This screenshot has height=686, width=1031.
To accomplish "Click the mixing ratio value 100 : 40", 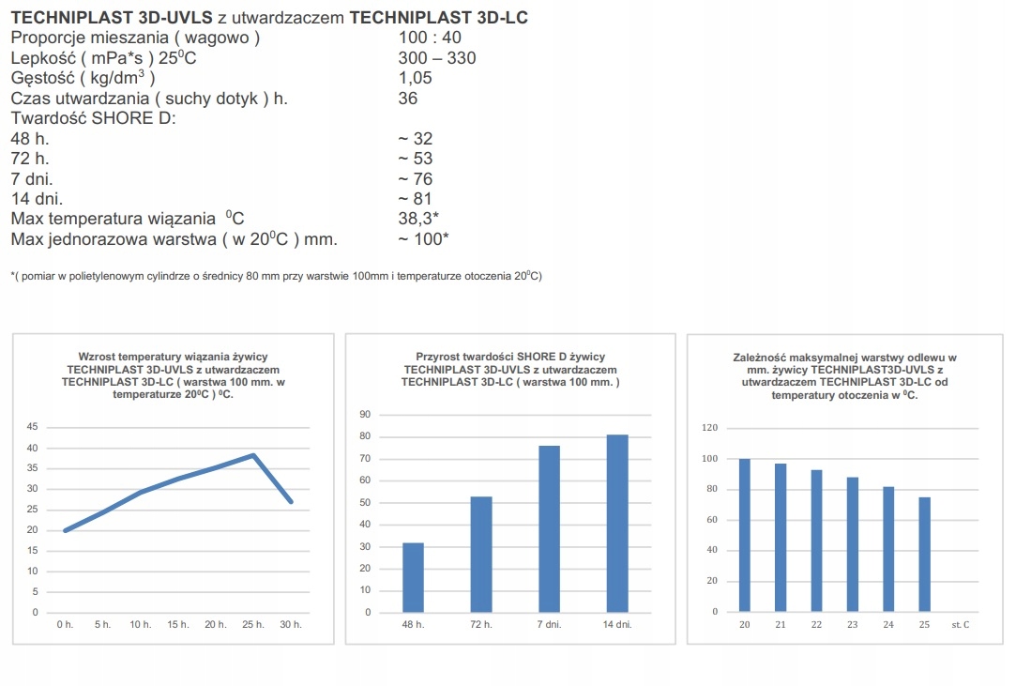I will point(431,38).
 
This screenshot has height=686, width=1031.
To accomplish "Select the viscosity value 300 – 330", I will point(436,58).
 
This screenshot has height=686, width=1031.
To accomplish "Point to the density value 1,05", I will point(415,78).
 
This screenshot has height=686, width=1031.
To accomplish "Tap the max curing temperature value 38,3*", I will point(419,219).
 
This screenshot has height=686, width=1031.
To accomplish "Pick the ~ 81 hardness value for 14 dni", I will point(416,199).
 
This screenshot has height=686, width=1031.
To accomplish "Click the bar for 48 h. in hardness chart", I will point(413,577).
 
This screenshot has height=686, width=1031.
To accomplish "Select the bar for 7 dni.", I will point(549,528).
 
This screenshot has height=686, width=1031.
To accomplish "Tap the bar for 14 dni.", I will point(616,523).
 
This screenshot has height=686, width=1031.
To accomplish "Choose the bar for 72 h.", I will point(481,554).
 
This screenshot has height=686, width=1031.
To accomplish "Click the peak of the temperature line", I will point(253,455).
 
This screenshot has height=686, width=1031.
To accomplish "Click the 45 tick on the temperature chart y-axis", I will point(33,427).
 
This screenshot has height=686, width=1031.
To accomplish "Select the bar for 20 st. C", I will point(745,535).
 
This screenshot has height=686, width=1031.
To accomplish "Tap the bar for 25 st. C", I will point(924,554).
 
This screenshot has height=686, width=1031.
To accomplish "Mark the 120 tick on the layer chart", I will point(709,428).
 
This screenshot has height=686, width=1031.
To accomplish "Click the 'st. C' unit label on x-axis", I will point(960,625).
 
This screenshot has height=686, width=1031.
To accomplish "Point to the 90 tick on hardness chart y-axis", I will point(365,415).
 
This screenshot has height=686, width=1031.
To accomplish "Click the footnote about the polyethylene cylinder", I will point(276,276).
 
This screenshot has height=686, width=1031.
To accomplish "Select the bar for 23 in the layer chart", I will point(853,544).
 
